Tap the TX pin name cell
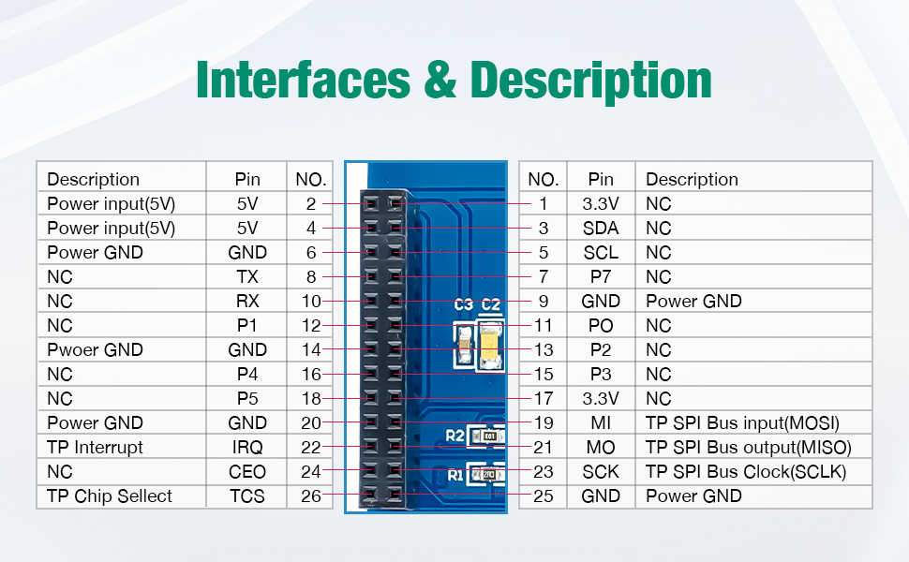pos(247,277)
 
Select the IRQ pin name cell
pos(247,448)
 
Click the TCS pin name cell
pos(247,496)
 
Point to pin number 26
pos(311,496)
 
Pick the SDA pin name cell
pos(601,229)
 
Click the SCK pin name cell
pos(601,472)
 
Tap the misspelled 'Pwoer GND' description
pos(95,350)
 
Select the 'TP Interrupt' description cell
pos(95,448)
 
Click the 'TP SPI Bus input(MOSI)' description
pos(742,423)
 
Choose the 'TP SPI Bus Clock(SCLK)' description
pos(746,472)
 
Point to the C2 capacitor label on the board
pos(491,304)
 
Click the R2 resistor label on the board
pos(455,436)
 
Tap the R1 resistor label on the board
pos(455,476)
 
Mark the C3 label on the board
pos(463,304)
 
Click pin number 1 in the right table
pos(543,204)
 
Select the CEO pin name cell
pos(247,472)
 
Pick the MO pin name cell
pos(601,448)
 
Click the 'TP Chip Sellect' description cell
pos(110,496)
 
